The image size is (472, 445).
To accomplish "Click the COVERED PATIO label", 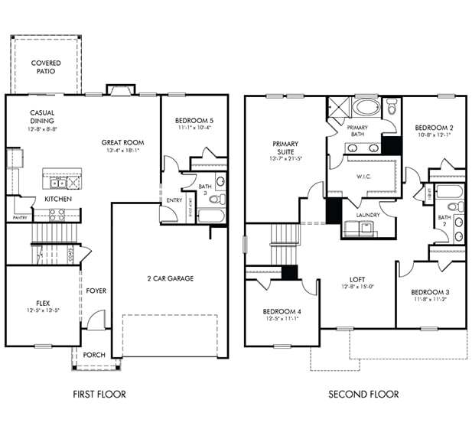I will coord(46,67).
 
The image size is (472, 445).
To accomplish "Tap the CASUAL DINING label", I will coord(42,117).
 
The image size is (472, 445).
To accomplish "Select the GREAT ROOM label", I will coord(123,142).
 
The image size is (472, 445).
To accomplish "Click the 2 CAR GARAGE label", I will coord(169,278).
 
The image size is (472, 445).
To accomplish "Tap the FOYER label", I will coord(96,291).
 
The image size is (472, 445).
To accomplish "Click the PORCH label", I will coord(94,354).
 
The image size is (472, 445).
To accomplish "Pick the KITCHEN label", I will coord(58,199).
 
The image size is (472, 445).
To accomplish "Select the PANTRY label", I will coord(20,217).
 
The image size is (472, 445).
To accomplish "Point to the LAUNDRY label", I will coord(368,215).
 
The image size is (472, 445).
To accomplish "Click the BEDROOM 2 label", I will coord(431,128).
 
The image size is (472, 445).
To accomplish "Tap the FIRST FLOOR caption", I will coord(99,395).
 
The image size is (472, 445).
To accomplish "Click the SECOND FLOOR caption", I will coord(363,395).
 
